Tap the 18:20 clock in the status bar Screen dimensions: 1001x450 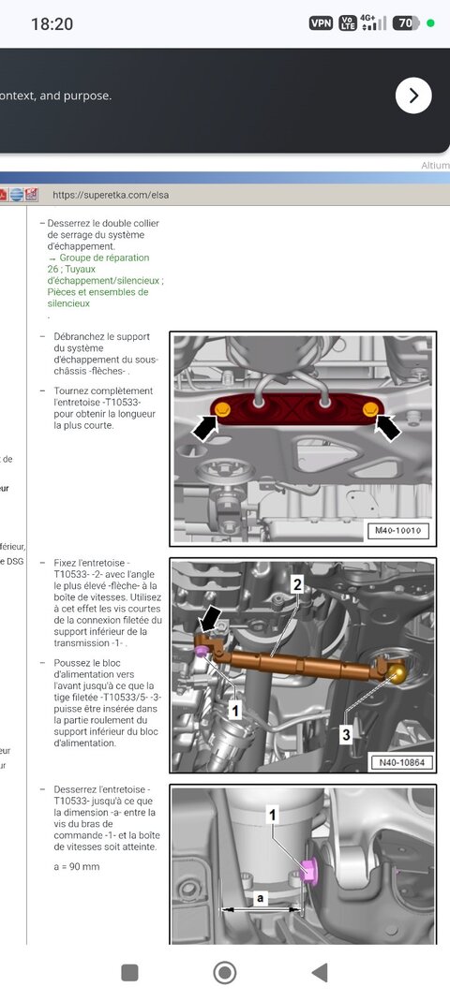(52, 23)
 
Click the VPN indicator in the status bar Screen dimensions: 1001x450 (321, 23)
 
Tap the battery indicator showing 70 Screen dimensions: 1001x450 (406, 23)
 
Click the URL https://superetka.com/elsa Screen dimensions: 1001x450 (111, 195)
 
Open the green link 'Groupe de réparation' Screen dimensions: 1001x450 (104, 258)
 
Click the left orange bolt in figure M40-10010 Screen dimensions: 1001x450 (223, 410)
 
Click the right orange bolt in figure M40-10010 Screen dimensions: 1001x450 (369, 409)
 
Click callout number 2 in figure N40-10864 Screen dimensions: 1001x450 (296, 584)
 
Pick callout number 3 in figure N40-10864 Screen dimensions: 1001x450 (346, 735)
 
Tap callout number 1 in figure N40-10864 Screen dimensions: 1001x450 (235, 711)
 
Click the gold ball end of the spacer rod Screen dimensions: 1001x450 (398, 672)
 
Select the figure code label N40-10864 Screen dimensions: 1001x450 (397, 760)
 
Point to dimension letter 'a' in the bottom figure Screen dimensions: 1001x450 (262, 897)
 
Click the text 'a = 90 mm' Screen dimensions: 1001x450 (77, 866)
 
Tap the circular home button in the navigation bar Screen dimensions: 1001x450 (225, 973)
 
